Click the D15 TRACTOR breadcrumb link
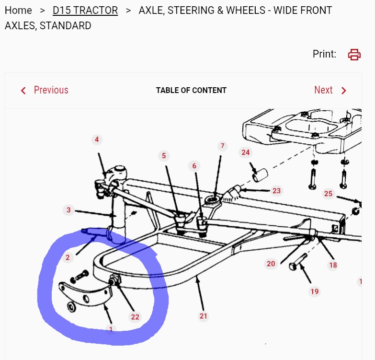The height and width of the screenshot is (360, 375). tap(85, 10)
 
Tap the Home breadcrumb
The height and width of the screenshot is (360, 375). tap(18, 10)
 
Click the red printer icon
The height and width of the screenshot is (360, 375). tap(354, 54)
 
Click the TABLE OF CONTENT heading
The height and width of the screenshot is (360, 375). tap(191, 90)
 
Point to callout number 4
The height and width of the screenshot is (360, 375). tap(97, 139)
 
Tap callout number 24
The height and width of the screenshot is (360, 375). tap(245, 152)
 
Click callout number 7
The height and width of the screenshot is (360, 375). tap(222, 146)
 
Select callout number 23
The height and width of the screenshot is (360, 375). tap(276, 191)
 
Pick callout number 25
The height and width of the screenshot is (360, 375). tap(328, 194)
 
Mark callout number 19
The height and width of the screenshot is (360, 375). tap(315, 291)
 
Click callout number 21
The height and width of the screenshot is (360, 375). tap(203, 316)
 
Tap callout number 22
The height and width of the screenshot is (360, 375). tap(135, 317)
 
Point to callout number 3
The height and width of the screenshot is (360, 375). tap(68, 210)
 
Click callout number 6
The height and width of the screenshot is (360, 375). tap(194, 166)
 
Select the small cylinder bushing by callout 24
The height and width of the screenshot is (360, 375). tap(260, 175)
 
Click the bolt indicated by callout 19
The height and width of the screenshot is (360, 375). tap(298, 263)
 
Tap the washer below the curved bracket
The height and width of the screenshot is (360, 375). tap(71, 307)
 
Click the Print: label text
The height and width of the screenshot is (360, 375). tap(324, 54)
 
